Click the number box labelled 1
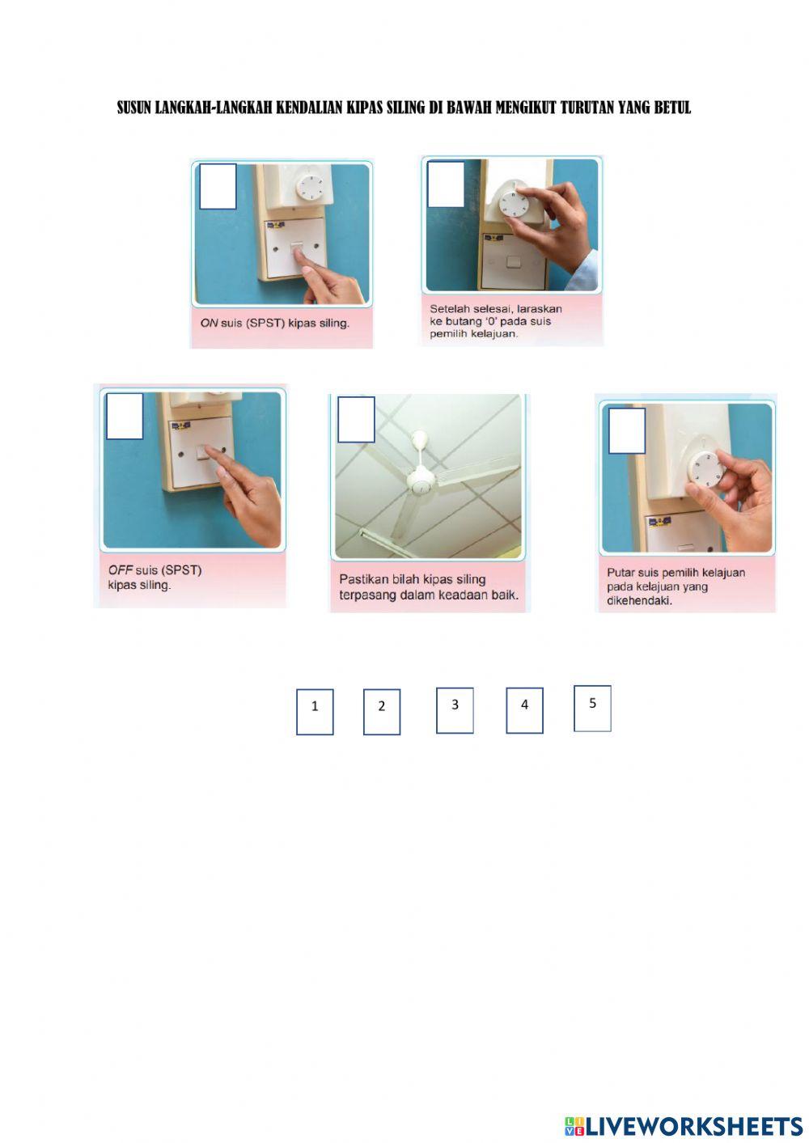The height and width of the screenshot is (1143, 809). pos(315,712)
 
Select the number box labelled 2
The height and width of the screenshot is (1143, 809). pos(382,712)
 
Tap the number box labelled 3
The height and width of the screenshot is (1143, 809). pos(455,710)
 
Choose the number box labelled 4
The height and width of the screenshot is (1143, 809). pos(524,710)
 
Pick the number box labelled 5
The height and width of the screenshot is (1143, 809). pos(592,709)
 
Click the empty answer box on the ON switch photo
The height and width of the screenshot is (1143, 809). pos(218,187)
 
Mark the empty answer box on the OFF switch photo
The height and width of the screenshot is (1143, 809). pos(125,417)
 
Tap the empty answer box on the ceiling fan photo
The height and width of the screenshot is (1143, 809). pos(356,420)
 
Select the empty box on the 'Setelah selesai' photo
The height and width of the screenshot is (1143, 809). pos(446,184)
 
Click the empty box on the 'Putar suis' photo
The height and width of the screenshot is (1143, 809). pos(627,431)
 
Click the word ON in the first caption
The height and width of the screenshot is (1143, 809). pos(209,323)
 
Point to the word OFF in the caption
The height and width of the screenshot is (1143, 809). pos(120,570)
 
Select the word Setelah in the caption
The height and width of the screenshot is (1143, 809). pos(450,309)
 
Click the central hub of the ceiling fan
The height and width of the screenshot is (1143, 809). pos(421,485)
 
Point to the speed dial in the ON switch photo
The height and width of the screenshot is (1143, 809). pos(311,186)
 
